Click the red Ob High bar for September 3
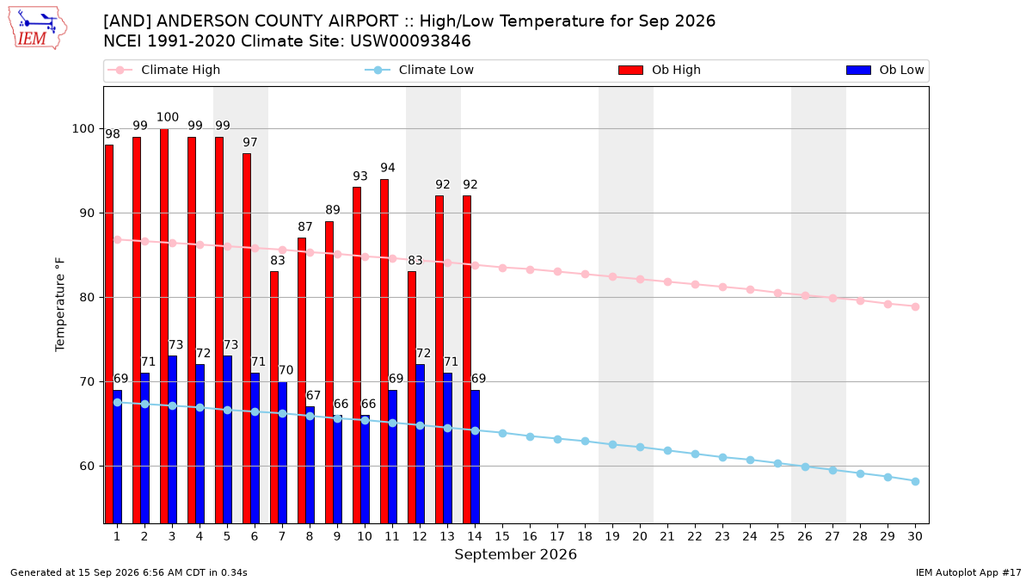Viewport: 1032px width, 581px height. point(164,326)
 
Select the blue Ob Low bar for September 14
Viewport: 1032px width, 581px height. point(476,456)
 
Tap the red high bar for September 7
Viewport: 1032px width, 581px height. point(274,398)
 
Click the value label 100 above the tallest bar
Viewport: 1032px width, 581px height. point(167,117)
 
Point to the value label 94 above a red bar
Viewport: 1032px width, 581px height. point(388,168)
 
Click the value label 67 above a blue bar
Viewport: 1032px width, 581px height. point(313,396)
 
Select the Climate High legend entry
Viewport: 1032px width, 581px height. point(164,70)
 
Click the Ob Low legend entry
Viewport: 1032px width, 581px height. point(885,70)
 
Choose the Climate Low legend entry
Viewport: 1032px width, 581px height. point(420,70)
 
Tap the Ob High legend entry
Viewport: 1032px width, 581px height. point(660,70)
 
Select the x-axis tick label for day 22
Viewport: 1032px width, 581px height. point(695,537)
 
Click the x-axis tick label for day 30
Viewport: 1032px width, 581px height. point(915,537)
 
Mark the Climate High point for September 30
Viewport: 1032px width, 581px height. point(915,307)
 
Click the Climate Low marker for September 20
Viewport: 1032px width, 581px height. point(640,448)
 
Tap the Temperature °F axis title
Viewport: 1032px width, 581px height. point(60,305)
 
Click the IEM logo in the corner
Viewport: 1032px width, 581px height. point(38,28)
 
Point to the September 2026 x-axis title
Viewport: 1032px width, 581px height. point(515,554)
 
